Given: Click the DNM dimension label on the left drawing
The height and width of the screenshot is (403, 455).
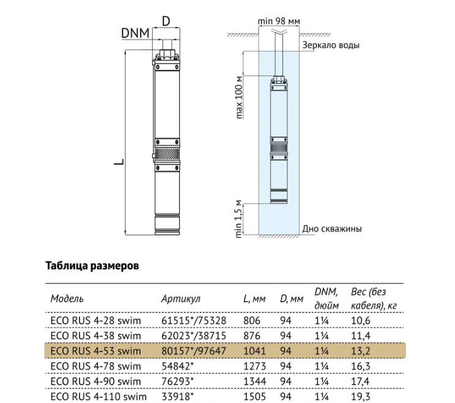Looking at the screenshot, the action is coord(135,34).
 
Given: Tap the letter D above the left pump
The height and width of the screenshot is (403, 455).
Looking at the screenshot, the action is coord(166,21).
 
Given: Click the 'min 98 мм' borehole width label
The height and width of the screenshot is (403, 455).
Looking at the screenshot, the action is coord(279,21).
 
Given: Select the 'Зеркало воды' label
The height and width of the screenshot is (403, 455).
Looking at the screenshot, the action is coord(331,45).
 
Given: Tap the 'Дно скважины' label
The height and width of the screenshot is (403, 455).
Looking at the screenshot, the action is coord(332,229).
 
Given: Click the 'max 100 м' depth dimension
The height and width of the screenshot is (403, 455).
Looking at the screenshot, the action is coord(239,97).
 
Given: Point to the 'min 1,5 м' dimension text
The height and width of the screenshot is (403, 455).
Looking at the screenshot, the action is coord(239,219).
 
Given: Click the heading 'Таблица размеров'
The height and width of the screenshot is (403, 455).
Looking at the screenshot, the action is coord(92,266).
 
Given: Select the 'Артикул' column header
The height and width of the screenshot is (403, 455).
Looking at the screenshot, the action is coord(181,298).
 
